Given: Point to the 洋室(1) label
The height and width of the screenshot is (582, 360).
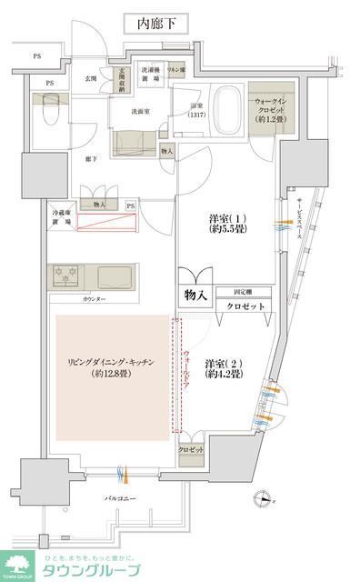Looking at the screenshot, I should [222, 224].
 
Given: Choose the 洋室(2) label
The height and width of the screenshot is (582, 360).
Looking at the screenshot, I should [222, 366].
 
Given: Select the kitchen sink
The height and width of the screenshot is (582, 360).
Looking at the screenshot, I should [116, 274].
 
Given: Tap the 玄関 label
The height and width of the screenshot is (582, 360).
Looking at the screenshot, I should [91, 79].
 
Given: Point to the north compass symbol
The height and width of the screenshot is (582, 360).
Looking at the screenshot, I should [265, 498].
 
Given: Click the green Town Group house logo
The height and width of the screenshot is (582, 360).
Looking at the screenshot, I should [15, 565].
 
